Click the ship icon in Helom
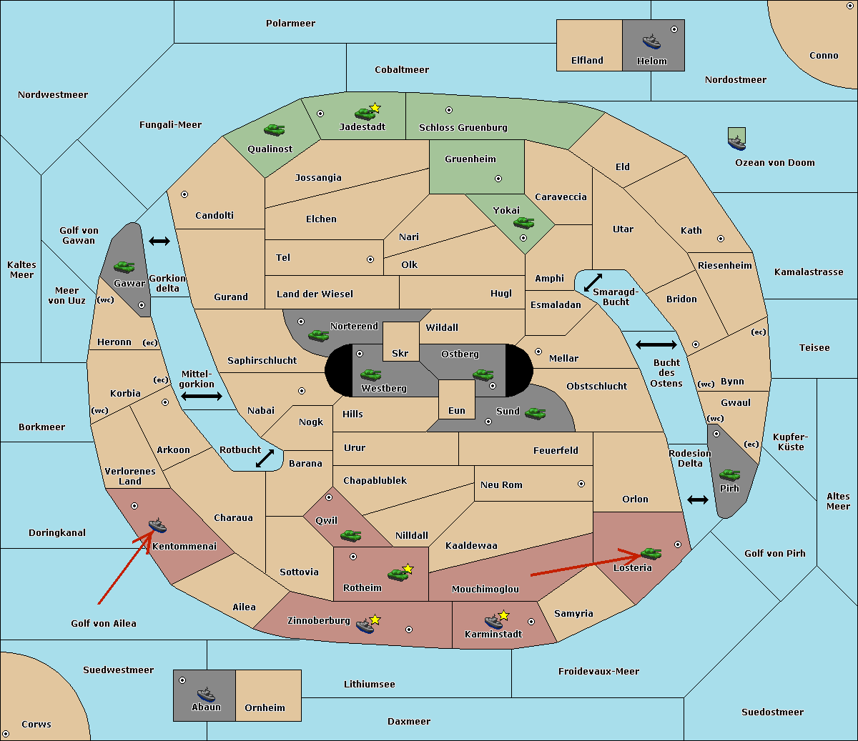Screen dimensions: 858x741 pos(651,41)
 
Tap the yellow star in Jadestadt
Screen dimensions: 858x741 pos(375,108)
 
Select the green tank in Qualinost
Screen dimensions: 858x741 pos(274,130)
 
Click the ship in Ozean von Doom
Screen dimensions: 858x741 pos(736,143)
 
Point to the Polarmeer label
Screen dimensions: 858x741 pos(290,24)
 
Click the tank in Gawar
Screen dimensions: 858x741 pos(124,267)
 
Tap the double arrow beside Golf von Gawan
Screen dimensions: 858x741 pos(159,241)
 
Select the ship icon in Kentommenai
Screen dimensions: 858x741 pos(158,525)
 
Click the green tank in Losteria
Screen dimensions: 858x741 pos(651,552)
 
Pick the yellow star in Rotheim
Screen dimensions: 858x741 pos(408,568)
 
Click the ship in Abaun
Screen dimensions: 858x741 pos(206,694)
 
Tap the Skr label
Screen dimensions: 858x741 pos(400,353)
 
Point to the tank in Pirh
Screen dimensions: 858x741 pos(729,474)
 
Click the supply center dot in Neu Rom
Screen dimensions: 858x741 pos(581,484)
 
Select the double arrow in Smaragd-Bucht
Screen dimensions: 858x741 pos(593,282)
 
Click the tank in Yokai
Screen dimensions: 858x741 pos(523,223)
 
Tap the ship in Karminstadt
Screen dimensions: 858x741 pos(493,622)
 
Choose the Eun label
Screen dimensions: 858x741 pos(457,410)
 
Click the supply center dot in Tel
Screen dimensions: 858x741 pos(370,259)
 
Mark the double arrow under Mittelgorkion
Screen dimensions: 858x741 pos(202,396)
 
